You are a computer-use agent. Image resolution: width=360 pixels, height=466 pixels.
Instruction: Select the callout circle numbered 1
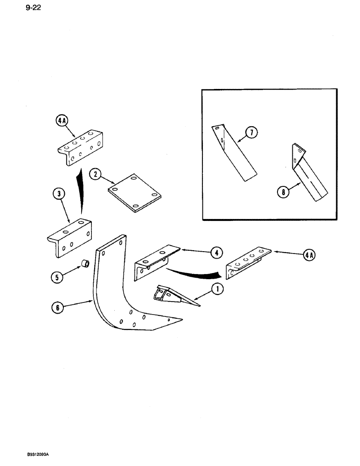(217, 289)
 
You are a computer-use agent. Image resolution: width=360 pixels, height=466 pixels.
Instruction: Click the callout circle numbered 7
(251, 133)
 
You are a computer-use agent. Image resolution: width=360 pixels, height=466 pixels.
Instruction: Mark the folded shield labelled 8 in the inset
(310, 177)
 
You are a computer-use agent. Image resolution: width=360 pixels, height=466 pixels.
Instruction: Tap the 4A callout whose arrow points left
(308, 254)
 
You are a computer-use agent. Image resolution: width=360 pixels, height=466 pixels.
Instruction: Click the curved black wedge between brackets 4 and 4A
(196, 272)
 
